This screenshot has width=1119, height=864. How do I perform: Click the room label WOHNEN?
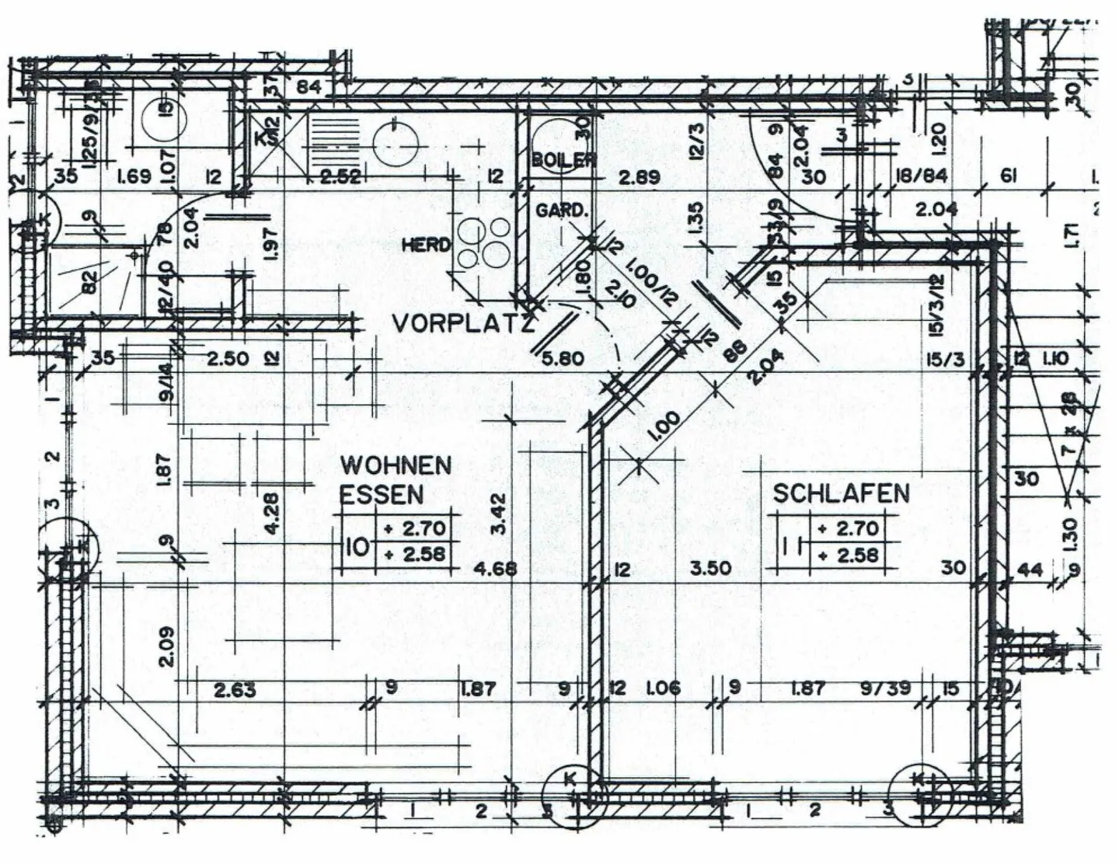click(396, 465)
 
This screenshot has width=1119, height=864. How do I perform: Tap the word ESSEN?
click(382, 495)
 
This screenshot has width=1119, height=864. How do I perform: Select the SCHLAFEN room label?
click(841, 493)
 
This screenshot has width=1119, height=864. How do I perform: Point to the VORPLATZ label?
click(462, 323)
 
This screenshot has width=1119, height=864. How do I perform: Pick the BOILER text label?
click(563, 160)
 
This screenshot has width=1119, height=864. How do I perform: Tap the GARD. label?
click(559, 211)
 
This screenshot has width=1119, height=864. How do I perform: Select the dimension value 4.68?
click(495, 568)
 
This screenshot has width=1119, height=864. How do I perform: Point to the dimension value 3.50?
click(710, 568)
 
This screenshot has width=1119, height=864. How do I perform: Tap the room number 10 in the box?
click(357, 545)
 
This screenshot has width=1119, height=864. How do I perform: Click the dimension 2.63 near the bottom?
click(235, 689)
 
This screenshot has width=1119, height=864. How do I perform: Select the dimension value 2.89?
click(639, 177)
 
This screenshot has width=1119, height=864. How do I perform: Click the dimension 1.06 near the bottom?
click(663, 688)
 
